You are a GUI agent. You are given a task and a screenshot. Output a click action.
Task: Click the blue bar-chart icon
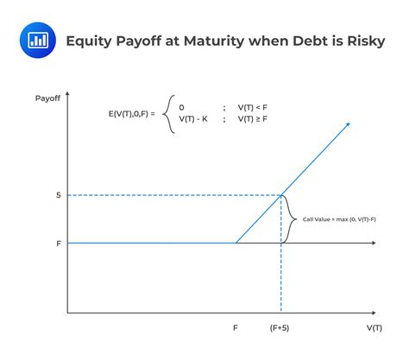pyautogui.click(x=38, y=40)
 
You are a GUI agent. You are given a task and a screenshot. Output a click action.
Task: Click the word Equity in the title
pyautogui.click(x=89, y=41)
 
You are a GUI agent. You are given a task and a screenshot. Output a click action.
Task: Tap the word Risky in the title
pyautogui.click(x=366, y=41)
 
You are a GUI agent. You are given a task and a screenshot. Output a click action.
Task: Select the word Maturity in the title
pyautogui.click(x=214, y=41)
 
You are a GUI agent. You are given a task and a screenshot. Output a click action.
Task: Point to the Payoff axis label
pyautogui.click(x=47, y=98)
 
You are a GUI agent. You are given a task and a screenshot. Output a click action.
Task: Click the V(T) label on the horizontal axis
pyautogui.click(x=374, y=328)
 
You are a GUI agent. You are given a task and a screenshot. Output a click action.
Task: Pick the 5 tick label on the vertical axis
pyautogui.click(x=59, y=195)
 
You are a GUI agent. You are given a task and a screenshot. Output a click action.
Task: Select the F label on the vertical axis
pyautogui.click(x=59, y=243)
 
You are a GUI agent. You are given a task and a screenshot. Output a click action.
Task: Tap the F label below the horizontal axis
pyautogui.click(x=236, y=328)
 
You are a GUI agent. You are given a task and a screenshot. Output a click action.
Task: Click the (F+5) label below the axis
pyautogui.click(x=280, y=328)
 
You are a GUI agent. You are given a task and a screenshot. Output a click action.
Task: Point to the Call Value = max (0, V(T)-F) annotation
pyautogui.click(x=339, y=219)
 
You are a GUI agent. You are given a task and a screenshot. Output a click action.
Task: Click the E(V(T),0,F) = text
pyautogui.click(x=131, y=114)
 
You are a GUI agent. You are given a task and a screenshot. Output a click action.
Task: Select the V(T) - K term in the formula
pyautogui.click(x=193, y=119)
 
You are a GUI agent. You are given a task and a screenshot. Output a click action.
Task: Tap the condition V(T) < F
pyautogui.click(x=253, y=108)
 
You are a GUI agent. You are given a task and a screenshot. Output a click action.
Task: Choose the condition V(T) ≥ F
pyautogui.click(x=253, y=119)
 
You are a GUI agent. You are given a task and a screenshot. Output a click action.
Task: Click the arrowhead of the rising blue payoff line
pyautogui.click(x=348, y=124)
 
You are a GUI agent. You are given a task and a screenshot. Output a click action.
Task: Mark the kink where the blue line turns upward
pyautogui.click(x=236, y=243)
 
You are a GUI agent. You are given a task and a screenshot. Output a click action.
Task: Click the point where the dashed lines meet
pyautogui.click(x=281, y=195)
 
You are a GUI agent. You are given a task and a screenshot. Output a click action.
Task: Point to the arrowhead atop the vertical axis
pyautogui.click(x=67, y=93)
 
